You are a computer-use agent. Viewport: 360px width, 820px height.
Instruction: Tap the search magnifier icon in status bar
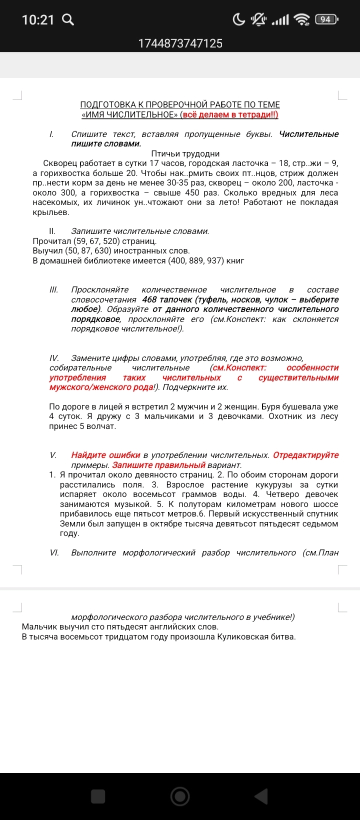67,20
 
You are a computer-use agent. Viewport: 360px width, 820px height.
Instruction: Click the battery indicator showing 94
326,19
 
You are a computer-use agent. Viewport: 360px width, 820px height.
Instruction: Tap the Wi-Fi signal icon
302,19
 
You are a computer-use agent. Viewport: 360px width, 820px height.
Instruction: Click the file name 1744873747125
180,43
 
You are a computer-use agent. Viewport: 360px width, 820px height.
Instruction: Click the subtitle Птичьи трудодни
185,153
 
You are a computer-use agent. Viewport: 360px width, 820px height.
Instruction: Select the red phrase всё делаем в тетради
229,114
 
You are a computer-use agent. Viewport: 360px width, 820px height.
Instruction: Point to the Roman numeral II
52,231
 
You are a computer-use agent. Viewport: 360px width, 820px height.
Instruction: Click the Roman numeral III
53,290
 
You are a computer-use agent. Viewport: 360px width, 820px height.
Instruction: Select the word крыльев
51,212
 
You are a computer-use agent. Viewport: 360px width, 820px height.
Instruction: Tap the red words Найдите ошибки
105,455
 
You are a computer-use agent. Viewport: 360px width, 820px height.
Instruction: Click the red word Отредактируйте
305,455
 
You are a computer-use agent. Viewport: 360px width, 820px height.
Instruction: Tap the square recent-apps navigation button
98,796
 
